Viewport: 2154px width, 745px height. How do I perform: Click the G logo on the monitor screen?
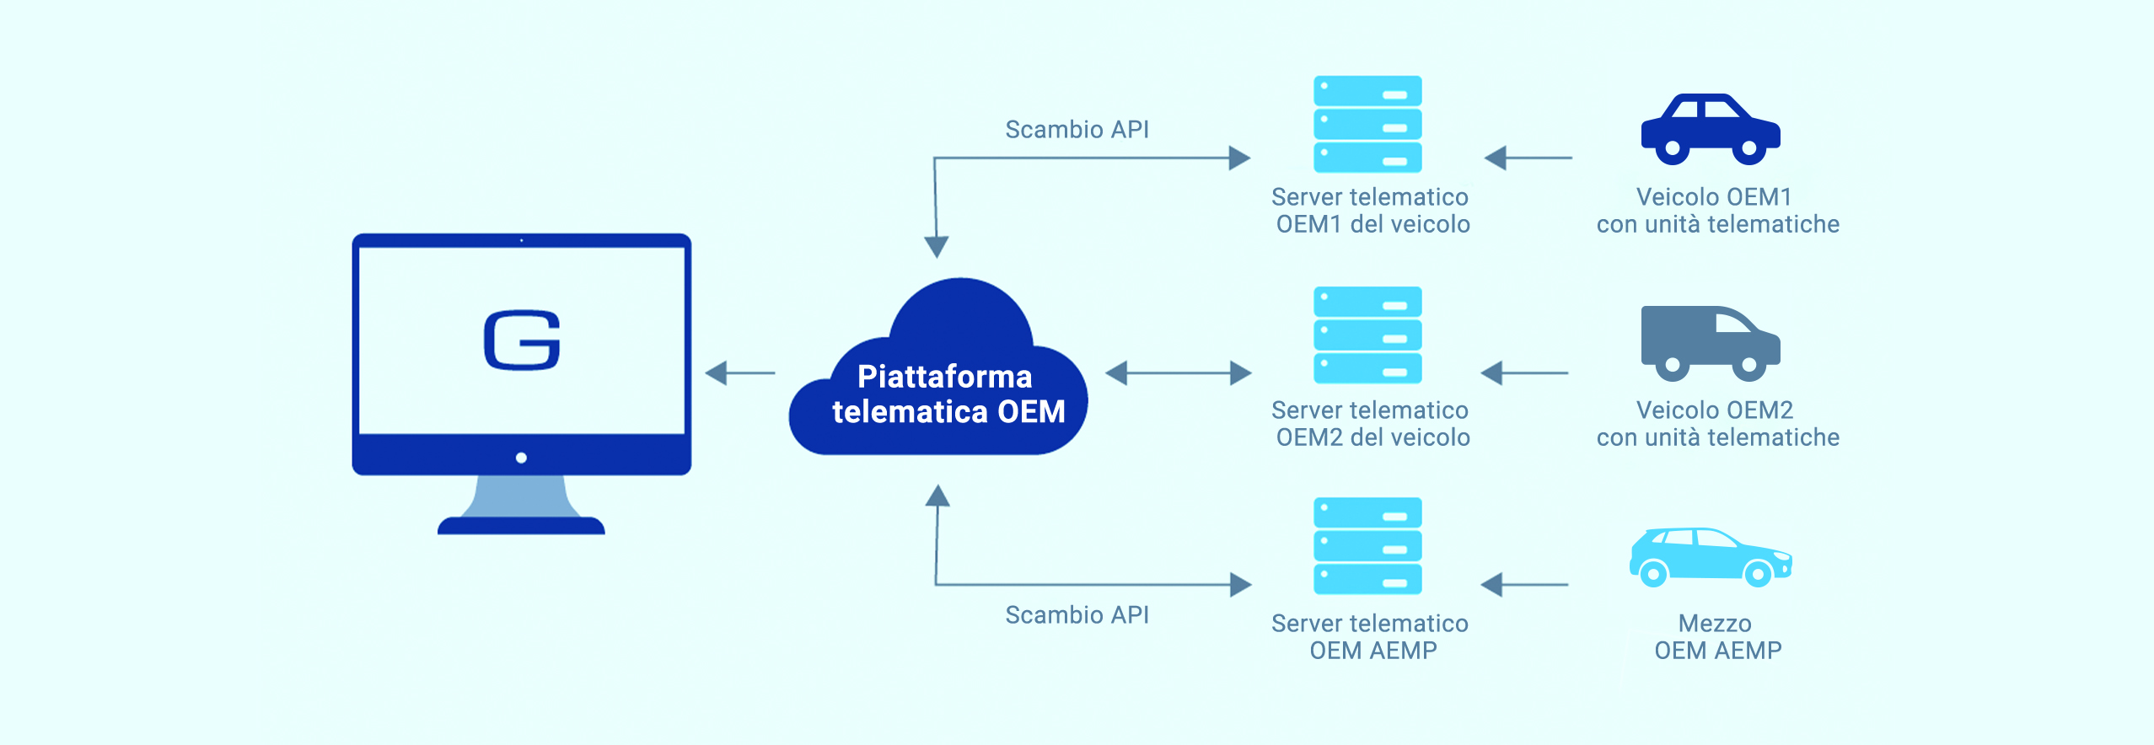[x=522, y=340]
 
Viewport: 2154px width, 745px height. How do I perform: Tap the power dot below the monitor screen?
[x=521, y=458]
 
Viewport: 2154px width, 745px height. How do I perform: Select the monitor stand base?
[x=521, y=526]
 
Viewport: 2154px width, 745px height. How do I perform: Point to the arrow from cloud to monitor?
[x=739, y=372]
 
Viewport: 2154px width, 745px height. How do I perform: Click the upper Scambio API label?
[x=1077, y=130]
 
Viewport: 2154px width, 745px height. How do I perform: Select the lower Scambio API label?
[x=1077, y=615]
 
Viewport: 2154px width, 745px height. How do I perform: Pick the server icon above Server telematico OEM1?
[x=1367, y=124]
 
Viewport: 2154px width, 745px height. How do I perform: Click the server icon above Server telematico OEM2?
[x=1367, y=335]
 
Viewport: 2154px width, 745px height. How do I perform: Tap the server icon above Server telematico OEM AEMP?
[x=1367, y=546]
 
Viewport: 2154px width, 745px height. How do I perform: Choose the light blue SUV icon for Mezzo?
[x=1710, y=556]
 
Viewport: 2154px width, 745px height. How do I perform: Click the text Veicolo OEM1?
[x=1713, y=197]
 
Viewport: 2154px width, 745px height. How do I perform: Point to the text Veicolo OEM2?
[x=1714, y=410]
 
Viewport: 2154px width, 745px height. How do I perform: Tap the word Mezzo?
[x=1714, y=624]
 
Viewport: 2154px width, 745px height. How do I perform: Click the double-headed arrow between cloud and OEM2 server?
[x=1178, y=372]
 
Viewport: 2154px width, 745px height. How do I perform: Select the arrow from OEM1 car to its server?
[x=1528, y=158]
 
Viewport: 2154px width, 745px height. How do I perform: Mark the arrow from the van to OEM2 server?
[x=1524, y=372]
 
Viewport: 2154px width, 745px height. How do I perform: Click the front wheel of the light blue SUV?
[x=1758, y=574]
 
